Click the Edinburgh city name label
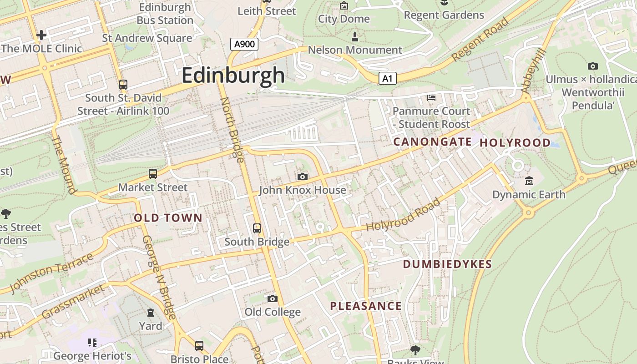233,76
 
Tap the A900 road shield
244,44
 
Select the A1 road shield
387,79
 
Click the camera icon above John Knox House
302,177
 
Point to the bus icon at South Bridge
257,228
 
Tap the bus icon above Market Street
153,173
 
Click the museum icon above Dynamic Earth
529,181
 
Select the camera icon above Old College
273,298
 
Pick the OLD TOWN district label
168,218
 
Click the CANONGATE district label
432,142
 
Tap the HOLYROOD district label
515,143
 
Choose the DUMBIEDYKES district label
447,264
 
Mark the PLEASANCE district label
366,306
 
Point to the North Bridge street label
233,130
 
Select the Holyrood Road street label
404,215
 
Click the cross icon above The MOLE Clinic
41,35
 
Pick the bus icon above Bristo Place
199,345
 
